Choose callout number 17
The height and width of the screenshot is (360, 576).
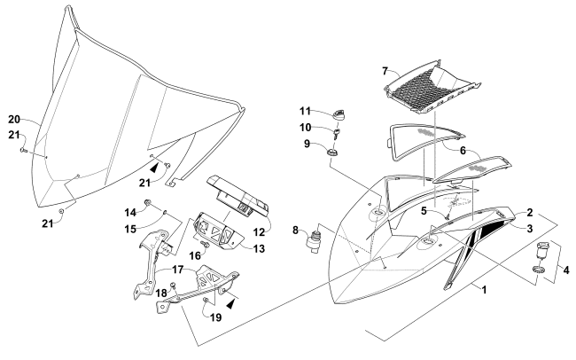tap(179, 269)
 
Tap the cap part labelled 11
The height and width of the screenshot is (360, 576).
tap(339, 113)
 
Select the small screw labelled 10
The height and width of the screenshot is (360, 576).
tap(338, 134)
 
